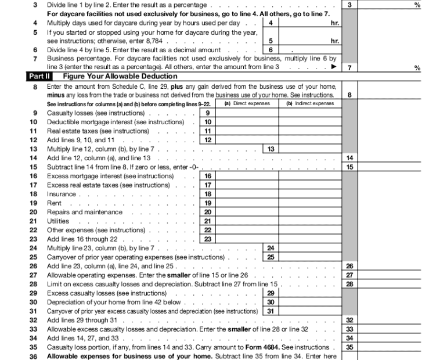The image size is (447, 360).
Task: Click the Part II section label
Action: click(42, 77)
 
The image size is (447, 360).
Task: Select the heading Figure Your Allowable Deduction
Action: click(120, 77)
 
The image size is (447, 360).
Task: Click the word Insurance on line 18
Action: click(61, 194)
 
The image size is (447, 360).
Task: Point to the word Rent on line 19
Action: click(53, 203)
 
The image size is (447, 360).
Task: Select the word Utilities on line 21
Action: click(58, 221)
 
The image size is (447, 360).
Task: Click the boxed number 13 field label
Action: click(271, 149)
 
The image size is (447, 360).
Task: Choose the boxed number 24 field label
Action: click(271, 248)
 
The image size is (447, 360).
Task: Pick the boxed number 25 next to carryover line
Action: click(271, 257)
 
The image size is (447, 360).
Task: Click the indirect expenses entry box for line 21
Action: click(311, 221)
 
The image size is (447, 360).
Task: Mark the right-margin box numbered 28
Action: click(349, 284)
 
